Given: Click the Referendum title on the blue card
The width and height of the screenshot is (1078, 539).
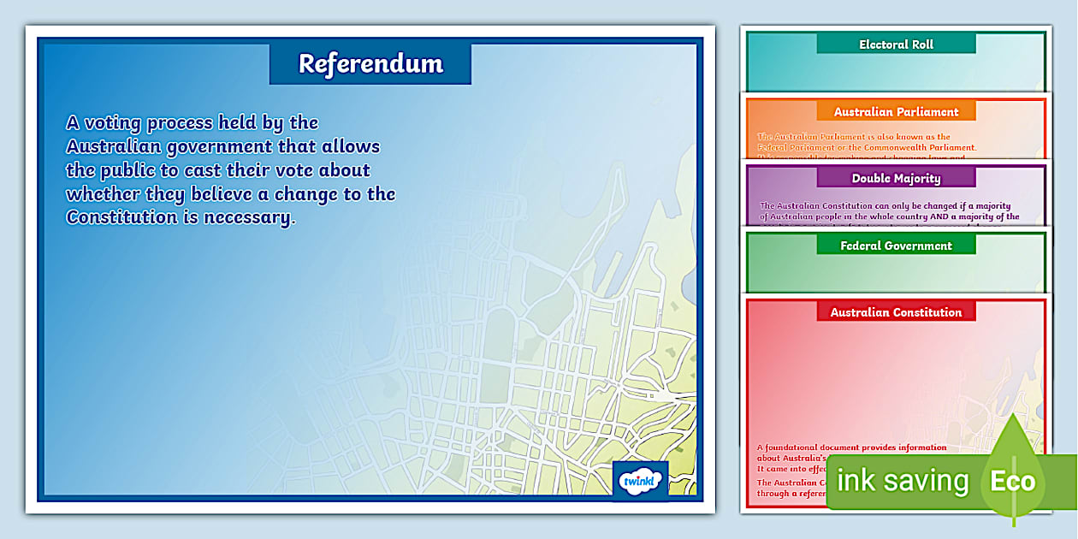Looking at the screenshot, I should point(370,63).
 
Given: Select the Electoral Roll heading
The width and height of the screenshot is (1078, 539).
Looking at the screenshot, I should point(896,44).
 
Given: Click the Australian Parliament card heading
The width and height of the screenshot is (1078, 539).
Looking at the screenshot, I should point(896,112).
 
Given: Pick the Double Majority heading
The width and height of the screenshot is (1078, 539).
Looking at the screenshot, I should point(896,179).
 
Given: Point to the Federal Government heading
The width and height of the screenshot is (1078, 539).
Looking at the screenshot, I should point(896,246).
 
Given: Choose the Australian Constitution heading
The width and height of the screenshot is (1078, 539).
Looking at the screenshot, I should point(896,312).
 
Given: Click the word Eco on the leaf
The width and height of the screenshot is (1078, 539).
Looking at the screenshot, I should point(1012,481).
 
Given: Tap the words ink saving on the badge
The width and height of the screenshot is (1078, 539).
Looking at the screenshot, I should point(903,481).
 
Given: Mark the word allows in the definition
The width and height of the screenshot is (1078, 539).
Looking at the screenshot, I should point(351,146).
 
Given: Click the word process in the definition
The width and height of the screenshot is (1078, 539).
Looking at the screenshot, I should point(179,122).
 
